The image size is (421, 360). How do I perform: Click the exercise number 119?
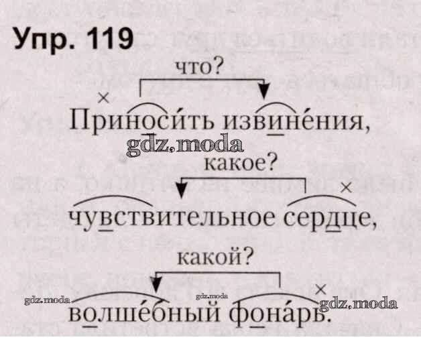(x=102, y=40)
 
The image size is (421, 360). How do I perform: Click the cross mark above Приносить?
(x=103, y=98)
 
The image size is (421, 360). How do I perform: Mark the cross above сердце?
(x=347, y=188)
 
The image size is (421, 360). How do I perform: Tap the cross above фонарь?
(x=320, y=289)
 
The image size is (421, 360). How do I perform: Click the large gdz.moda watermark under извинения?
(x=184, y=143)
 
